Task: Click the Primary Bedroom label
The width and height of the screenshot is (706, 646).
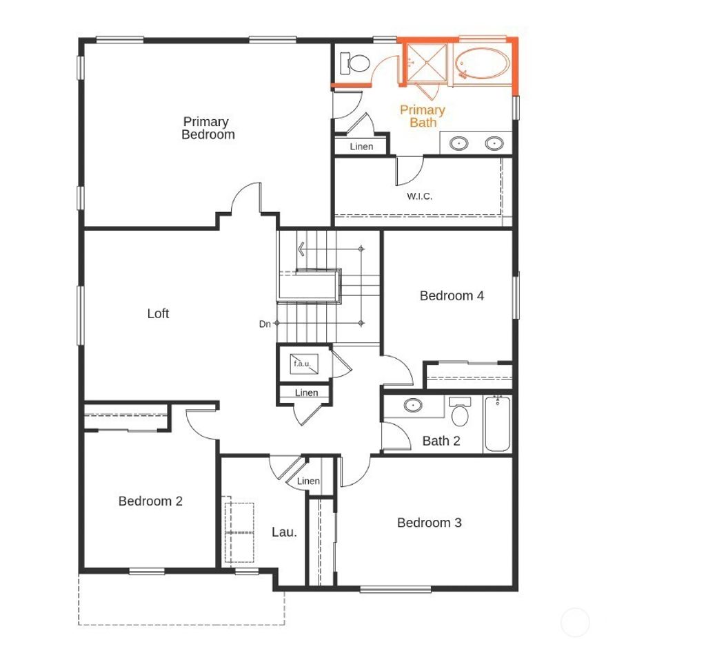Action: [208, 128]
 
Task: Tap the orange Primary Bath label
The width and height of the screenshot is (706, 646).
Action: [422, 116]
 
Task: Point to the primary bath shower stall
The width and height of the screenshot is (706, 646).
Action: [425, 63]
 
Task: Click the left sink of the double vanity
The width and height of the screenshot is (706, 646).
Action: [459, 143]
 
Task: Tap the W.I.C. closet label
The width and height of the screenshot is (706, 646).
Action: [419, 196]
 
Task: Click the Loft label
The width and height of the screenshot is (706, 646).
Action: [158, 313]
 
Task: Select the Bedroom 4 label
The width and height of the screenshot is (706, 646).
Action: [452, 295]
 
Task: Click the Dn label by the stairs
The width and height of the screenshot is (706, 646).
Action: [265, 324]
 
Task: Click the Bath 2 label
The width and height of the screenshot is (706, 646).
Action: [441, 441]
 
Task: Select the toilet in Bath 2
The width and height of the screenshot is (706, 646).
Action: [460, 413]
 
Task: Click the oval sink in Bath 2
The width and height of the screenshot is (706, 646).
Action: [413, 405]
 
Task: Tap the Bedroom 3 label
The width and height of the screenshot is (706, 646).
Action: [429, 523]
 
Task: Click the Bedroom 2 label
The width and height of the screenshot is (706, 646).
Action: [150, 501]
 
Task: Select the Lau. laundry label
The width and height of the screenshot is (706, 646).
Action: [284, 532]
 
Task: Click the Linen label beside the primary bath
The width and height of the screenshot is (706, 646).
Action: [361, 147]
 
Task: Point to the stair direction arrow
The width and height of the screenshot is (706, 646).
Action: [301, 248]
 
